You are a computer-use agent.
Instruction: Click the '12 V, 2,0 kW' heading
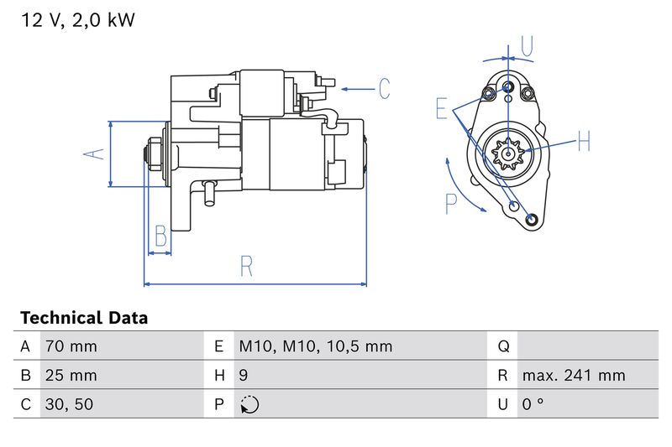pyautogui.click(x=77, y=20)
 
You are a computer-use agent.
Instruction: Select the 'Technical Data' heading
pyautogui.click(x=83, y=318)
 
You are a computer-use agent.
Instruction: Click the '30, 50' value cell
pyautogui.click(x=69, y=404)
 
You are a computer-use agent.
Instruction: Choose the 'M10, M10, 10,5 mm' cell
pyautogui.click(x=315, y=346)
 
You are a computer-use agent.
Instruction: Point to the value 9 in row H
pyautogui.click(x=244, y=376)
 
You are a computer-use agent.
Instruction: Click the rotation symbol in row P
pyautogui.click(x=249, y=404)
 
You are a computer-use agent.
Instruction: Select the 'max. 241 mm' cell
pyautogui.click(x=573, y=376)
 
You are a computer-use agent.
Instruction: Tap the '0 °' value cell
pyautogui.click(x=533, y=404)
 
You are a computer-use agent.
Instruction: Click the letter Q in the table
pyautogui.click(x=504, y=346)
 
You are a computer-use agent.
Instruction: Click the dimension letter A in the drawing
pyautogui.click(x=96, y=153)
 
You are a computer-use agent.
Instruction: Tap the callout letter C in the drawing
pyautogui.click(x=383, y=88)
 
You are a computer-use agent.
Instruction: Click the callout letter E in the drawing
pyautogui.click(x=442, y=108)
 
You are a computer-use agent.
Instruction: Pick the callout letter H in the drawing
pyautogui.click(x=585, y=142)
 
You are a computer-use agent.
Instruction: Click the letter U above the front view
pyautogui.click(x=526, y=47)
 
